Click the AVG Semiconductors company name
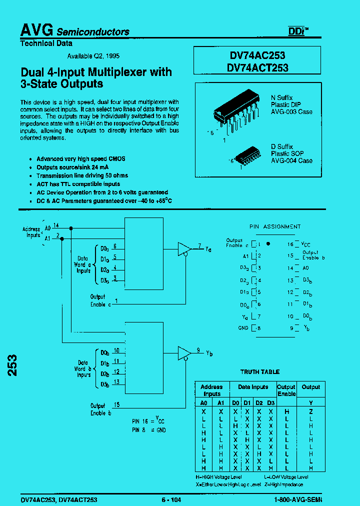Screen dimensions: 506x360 pos(74,31)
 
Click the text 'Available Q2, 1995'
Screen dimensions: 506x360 pos(93,56)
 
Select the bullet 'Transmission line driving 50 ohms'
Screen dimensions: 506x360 pos(82,175)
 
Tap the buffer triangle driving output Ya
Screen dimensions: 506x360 pos(184,248)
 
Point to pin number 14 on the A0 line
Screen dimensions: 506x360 pos(56,225)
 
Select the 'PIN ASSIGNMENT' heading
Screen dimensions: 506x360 pos(275,226)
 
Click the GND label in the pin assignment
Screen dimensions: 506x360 pos(243,328)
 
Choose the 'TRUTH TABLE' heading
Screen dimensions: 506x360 pos(259,372)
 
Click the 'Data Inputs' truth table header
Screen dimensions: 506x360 pos(252,387)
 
